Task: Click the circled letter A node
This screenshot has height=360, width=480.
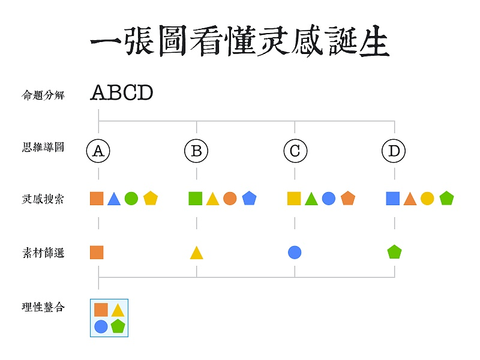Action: point(98,151)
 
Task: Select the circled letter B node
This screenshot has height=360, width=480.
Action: point(196,151)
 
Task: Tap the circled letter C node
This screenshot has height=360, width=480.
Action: point(295,151)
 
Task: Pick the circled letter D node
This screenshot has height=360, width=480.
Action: point(394,151)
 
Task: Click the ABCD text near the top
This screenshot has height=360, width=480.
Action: point(122,93)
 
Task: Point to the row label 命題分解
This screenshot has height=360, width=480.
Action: point(43,95)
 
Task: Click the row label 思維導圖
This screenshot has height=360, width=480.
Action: point(43,147)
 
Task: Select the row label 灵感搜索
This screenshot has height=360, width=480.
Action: point(43,199)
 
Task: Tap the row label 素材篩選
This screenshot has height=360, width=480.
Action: point(43,253)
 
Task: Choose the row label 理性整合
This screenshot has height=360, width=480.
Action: point(43,308)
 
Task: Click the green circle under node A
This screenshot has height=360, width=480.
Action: point(131,199)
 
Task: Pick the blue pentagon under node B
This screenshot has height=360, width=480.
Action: point(249,199)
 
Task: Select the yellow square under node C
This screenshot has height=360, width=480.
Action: point(294,199)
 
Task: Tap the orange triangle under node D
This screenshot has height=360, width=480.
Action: point(410,199)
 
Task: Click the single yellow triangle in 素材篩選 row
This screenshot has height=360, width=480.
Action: point(196,253)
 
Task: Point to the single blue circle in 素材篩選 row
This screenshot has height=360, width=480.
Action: point(295,253)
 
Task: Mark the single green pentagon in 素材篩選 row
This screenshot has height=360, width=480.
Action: point(394,253)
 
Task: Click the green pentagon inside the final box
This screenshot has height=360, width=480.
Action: point(118,326)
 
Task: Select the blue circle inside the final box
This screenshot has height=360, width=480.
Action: point(101,326)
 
